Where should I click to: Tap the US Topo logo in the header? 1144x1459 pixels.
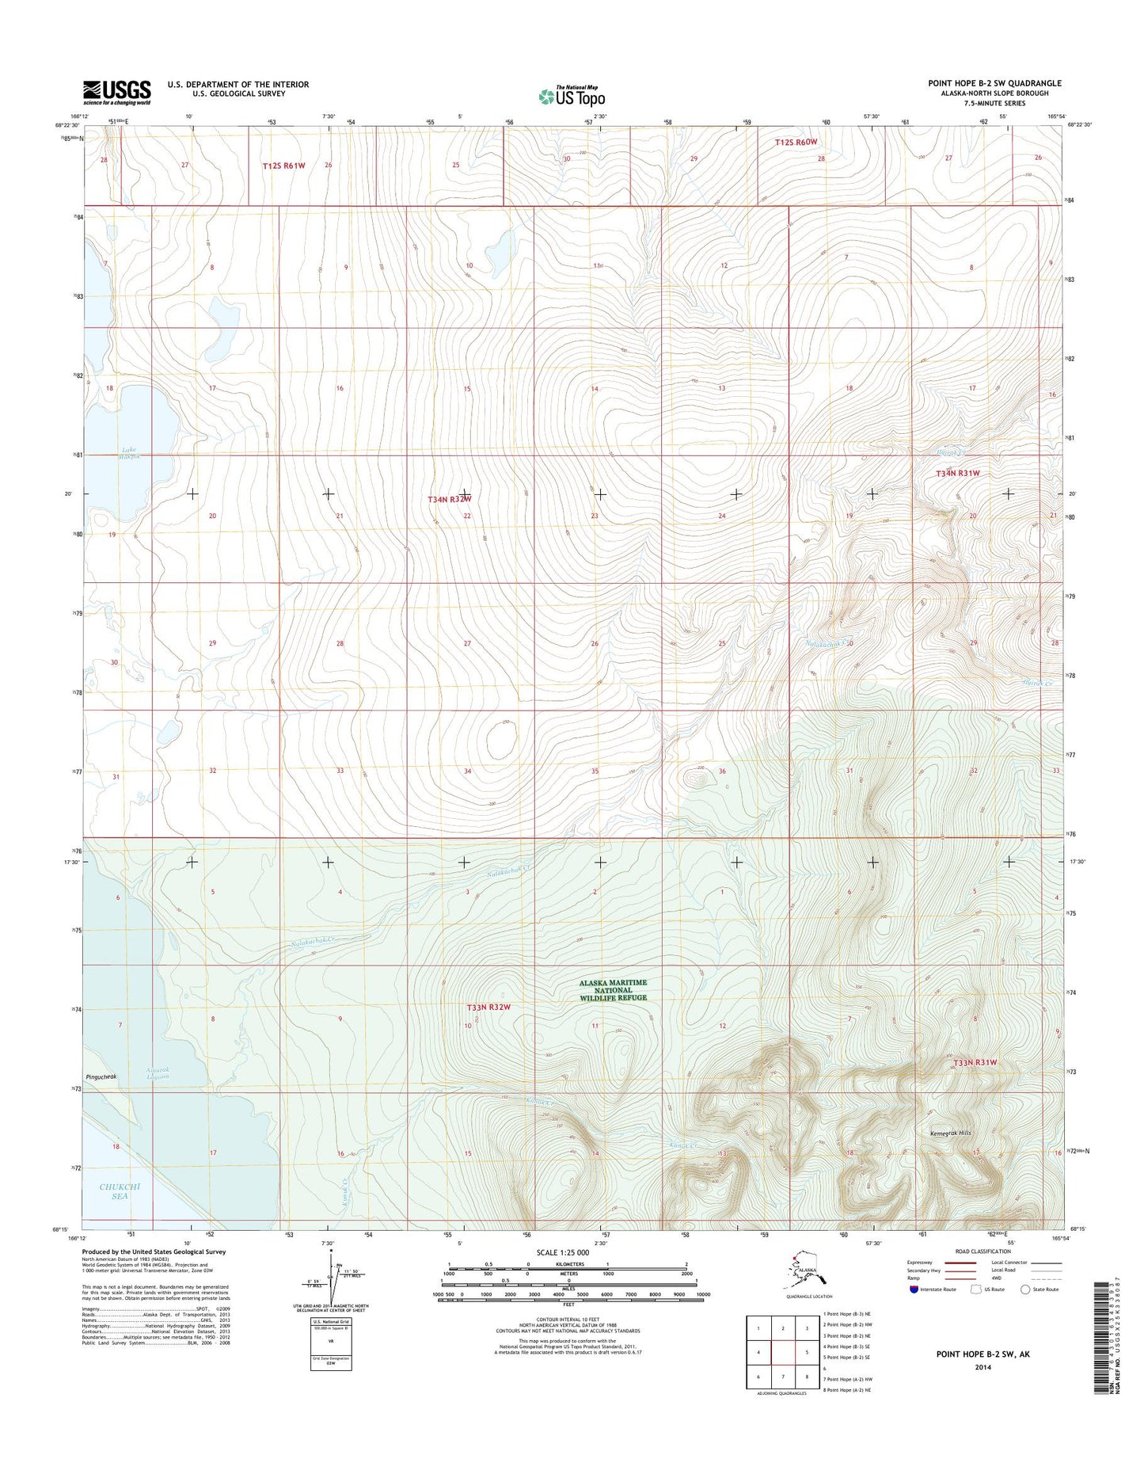[572, 96]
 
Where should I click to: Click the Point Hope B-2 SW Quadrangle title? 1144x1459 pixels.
[994, 83]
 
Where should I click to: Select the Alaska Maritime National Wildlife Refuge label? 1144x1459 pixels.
[613, 989]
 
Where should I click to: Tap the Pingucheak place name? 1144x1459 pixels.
[101, 1077]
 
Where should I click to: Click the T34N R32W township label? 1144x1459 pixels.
[450, 499]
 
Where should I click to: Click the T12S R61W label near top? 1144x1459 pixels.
[283, 166]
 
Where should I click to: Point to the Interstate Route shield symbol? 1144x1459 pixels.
[914, 1289]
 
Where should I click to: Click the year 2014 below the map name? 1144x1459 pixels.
[982, 1367]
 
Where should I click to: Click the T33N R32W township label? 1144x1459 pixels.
[488, 1007]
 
